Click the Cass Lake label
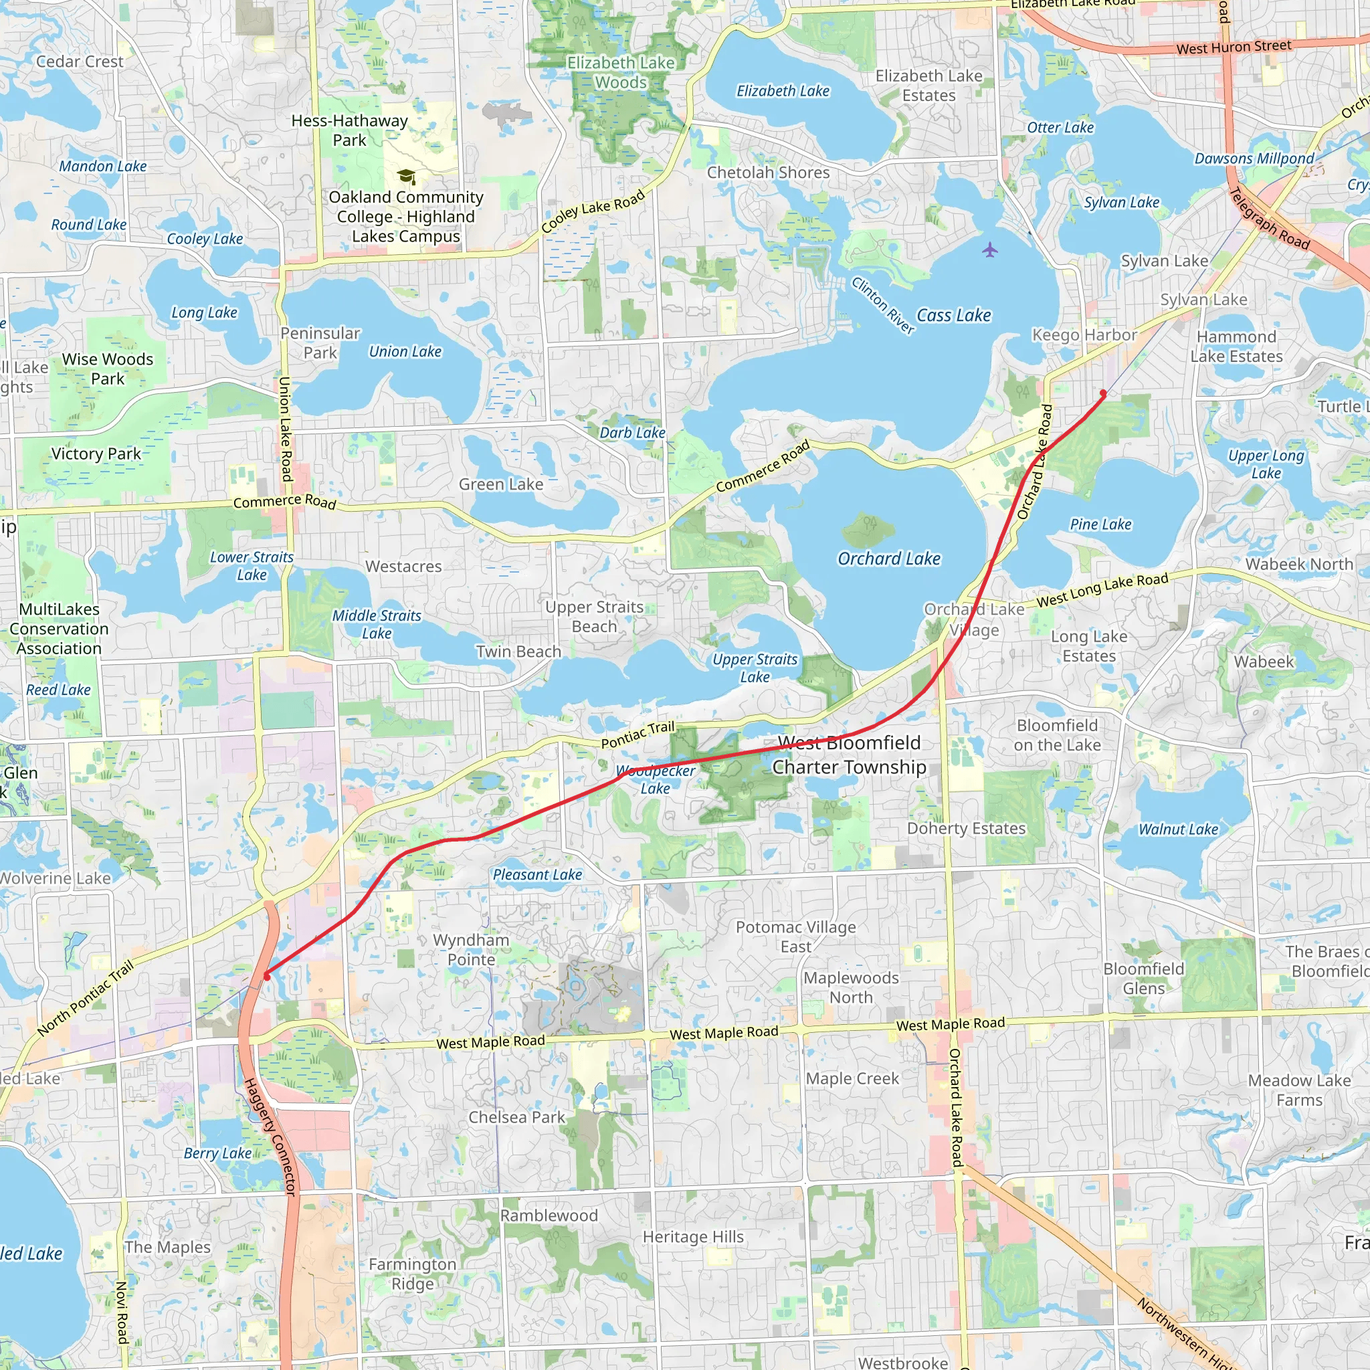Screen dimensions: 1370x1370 point(953,316)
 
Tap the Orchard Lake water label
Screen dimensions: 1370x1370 point(888,559)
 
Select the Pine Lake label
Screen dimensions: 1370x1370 point(1100,524)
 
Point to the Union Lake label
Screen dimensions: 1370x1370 point(405,352)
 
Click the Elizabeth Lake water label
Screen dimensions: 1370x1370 point(782,92)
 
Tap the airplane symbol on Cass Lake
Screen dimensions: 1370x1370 point(990,250)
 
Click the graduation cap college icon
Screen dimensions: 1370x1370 point(406,176)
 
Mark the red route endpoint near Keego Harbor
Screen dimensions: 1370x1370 point(1102,393)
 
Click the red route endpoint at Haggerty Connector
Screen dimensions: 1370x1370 point(267,977)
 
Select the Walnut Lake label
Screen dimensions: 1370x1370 point(1178,829)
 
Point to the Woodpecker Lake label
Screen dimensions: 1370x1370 point(655,779)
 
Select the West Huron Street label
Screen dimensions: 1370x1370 point(1234,47)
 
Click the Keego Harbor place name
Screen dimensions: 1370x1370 point(1084,334)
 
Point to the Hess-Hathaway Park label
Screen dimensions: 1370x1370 point(350,130)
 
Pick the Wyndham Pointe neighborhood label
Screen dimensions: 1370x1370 point(471,949)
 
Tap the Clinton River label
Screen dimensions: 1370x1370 point(883,305)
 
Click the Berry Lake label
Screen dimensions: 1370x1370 point(217,1154)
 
